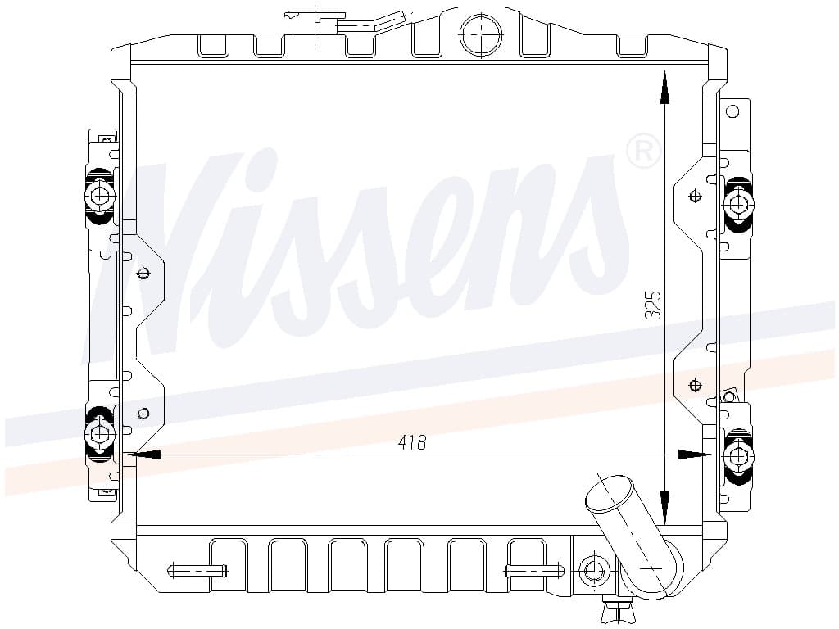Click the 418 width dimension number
[x=412, y=442]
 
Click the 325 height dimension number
[x=653, y=305]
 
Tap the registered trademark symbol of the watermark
[x=643, y=151]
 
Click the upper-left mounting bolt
[x=100, y=197]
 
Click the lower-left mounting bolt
[x=100, y=433]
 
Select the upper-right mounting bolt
[x=738, y=204]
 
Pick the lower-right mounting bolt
[x=738, y=456]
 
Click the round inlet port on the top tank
[x=481, y=33]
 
